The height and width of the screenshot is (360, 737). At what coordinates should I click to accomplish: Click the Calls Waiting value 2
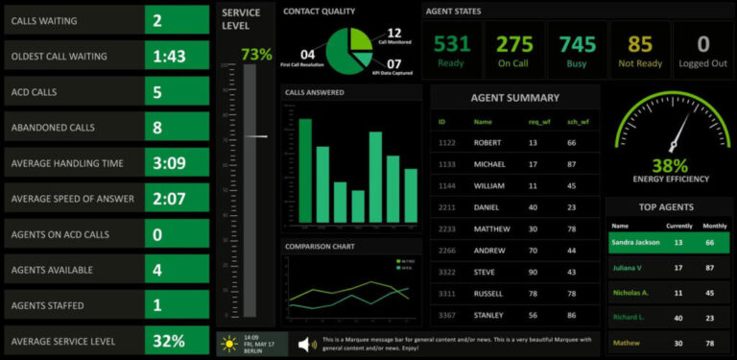pyautogui.click(x=157, y=20)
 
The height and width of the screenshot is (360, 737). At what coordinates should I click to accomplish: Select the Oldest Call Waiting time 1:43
pyautogui.click(x=169, y=57)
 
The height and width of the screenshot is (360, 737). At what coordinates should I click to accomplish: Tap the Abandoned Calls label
pyautogui.click(x=53, y=127)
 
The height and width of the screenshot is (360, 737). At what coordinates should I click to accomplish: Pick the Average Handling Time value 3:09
pyautogui.click(x=169, y=163)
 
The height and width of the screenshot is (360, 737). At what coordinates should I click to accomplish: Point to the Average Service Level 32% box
pyautogui.click(x=169, y=341)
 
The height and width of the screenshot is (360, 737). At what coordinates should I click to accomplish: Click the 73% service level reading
pyautogui.click(x=256, y=55)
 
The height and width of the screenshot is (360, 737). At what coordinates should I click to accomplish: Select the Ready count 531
pyautogui.click(x=451, y=44)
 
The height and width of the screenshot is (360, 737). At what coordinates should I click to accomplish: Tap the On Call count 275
pyautogui.click(x=514, y=44)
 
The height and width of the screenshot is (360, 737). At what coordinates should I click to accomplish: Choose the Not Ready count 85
pyautogui.click(x=640, y=44)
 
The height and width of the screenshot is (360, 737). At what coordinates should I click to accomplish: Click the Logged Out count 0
pyautogui.click(x=703, y=44)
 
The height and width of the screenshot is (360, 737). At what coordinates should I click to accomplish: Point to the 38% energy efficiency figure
pyautogui.click(x=670, y=164)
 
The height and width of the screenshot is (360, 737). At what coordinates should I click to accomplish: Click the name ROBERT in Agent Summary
pyautogui.click(x=487, y=142)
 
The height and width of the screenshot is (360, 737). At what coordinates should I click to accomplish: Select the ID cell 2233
pyautogui.click(x=447, y=228)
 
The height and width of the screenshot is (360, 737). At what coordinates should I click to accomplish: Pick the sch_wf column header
pyautogui.click(x=576, y=122)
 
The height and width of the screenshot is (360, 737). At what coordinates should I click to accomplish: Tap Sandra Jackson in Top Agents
pyautogui.click(x=634, y=243)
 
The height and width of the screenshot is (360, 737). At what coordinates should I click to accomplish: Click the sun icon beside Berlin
pyautogui.click(x=230, y=344)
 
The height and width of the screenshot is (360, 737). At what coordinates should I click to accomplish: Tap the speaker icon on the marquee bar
pyautogui.click(x=306, y=344)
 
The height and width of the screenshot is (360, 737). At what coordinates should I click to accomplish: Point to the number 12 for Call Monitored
pyautogui.click(x=393, y=33)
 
